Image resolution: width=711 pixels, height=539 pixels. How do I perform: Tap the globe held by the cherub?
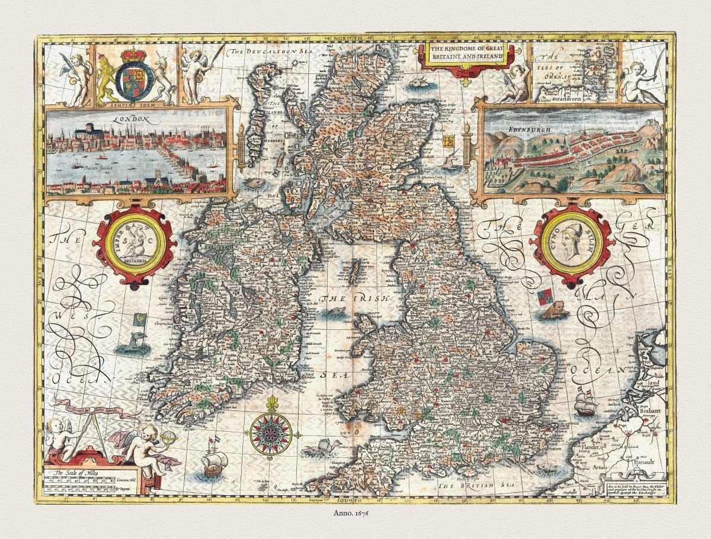[168, 438]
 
